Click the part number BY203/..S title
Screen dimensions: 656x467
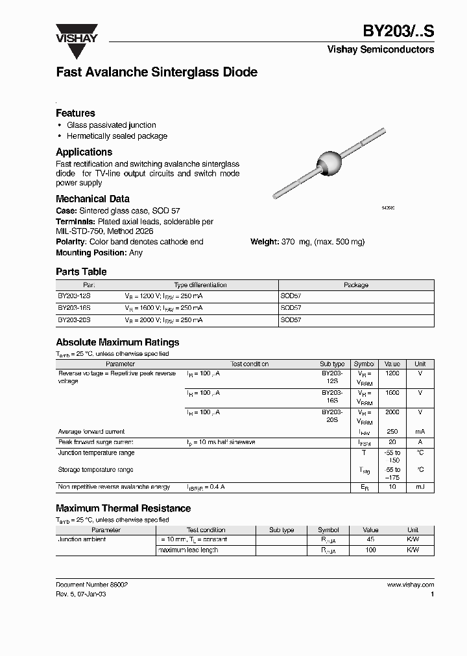[x=398, y=32]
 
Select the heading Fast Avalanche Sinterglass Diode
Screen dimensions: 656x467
[x=156, y=73]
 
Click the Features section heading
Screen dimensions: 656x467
[x=75, y=113]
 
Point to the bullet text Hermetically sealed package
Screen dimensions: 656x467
[x=117, y=136]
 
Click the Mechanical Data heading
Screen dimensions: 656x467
[x=92, y=199]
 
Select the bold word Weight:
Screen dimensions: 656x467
[x=265, y=242]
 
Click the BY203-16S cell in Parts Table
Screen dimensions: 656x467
[x=74, y=308]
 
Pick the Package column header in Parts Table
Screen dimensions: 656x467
[x=355, y=285]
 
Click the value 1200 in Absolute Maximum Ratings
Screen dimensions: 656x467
[x=392, y=374]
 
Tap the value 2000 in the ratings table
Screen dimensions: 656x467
[x=392, y=412]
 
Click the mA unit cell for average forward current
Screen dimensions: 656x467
[x=420, y=432]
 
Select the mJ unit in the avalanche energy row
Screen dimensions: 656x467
[x=420, y=487]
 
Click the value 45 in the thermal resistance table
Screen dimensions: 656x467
[x=370, y=539]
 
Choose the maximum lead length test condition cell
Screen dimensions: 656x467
[x=188, y=550]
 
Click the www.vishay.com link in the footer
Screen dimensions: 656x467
[x=410, y=585]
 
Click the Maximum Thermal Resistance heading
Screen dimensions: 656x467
[x=123, y=509]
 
